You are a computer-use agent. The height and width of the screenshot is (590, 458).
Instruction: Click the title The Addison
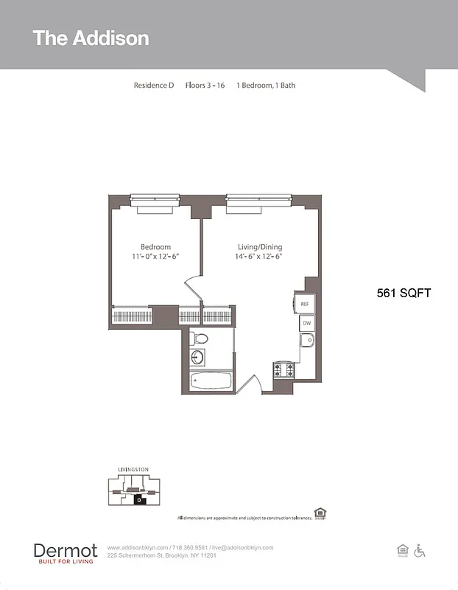click(91, 38)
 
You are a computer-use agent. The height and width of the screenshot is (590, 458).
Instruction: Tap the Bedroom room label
click(155, 247)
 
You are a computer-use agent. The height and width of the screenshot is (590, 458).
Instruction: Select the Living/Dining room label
click(259, 247)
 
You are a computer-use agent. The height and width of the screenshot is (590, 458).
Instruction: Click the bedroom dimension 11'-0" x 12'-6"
click(155, 257)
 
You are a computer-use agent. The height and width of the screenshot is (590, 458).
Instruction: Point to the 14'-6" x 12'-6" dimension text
click(259, 257)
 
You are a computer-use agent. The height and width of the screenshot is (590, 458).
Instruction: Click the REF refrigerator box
click(305, 304)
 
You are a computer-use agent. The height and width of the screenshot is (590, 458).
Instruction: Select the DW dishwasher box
click(306, 323)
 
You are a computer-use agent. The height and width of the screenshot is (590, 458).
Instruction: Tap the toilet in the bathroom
click(198, 339)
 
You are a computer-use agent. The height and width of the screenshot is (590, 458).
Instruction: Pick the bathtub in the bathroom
click(211, 382)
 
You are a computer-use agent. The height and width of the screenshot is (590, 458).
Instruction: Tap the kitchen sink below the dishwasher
click(307, 340)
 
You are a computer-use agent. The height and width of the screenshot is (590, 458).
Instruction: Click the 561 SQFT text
click(403, 293)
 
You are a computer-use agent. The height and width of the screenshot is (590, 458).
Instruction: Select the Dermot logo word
click(65, 550)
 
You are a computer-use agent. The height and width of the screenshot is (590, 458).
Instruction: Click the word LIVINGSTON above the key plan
click(133, 469)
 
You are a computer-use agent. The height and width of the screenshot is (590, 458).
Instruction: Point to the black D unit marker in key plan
click(138, 500)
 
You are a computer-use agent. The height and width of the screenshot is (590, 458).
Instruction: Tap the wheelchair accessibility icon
click(420, 550)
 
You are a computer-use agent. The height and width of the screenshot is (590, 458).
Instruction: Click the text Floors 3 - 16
click(205, 86)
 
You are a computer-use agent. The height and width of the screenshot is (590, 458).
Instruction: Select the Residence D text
click(153, 86)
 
